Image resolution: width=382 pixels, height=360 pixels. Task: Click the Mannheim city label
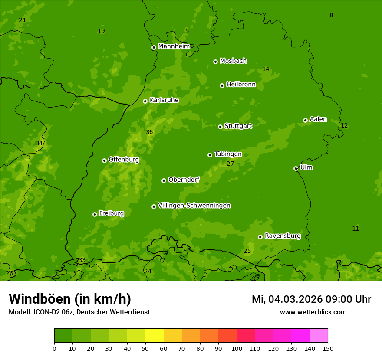pos(174,46)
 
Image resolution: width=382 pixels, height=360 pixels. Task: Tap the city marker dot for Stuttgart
pos(220,127)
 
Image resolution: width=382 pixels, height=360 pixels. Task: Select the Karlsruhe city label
pos(164,100)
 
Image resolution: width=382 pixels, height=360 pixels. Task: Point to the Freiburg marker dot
pos(95,214)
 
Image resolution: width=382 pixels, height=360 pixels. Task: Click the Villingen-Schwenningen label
pos(194,206)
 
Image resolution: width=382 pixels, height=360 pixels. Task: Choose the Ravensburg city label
pos(282,236)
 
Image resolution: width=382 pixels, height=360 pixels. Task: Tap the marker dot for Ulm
pos(296,168)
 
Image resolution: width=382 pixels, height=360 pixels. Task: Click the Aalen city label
pos(318,119)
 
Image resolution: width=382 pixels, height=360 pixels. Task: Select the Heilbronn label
pos(241,85)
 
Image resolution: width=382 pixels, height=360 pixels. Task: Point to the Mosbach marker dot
pos(215,62)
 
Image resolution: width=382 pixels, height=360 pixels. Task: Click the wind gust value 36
pos(149,132)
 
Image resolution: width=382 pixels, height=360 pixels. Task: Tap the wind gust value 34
pos(39,143)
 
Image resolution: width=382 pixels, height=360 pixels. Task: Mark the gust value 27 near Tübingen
pos(230,164)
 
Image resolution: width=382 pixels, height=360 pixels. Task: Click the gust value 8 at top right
pos(331,16)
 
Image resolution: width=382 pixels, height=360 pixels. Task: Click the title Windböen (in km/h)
pos(70,299)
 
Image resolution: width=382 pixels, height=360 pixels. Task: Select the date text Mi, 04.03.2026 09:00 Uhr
pos(311,299)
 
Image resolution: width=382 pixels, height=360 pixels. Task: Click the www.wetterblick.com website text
pos(313,312)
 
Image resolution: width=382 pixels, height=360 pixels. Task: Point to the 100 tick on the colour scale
pos(237,348)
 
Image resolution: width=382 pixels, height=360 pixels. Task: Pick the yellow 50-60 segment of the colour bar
pos(155,336)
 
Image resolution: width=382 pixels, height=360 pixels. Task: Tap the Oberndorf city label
pos(184,180)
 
